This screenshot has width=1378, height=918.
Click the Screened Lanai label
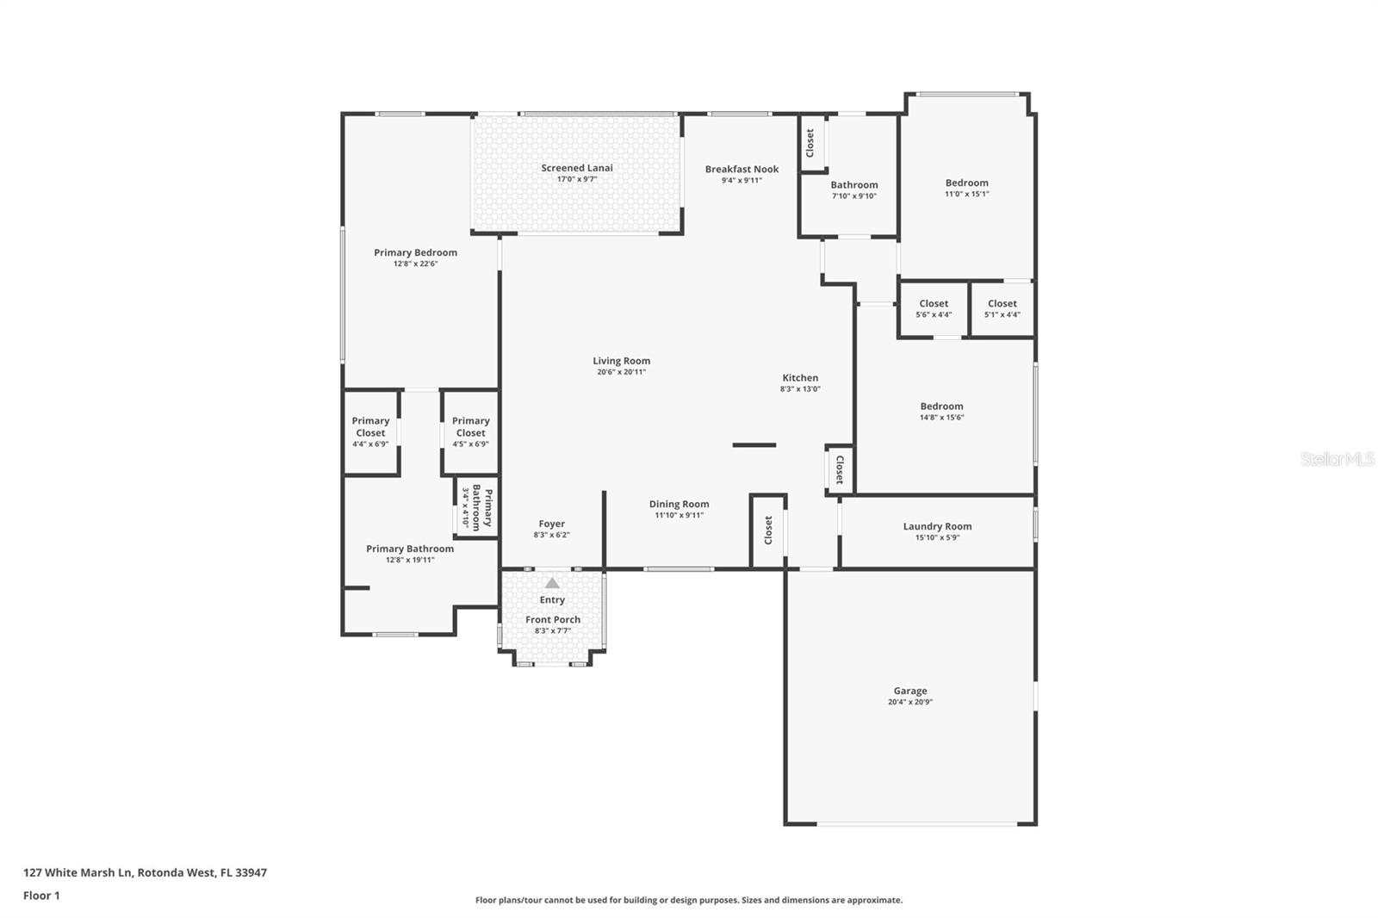tap(576, 168)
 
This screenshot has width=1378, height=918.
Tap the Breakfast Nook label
tap(742, 169)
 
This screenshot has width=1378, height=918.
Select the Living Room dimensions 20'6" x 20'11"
tap(621, 372)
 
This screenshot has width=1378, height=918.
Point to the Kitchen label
tap(800, 378)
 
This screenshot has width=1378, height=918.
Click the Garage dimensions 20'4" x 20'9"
tap(909, 702)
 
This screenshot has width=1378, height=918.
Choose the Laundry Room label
tap(937, 527)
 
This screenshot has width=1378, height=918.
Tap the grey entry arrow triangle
tap(552, 583)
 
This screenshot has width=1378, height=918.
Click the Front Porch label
tap(552, 619)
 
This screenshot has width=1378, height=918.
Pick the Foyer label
tap(551, 524)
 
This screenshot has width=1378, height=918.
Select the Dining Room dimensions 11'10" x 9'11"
tap(679, 516)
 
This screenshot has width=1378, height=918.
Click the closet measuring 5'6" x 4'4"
tap(934, 309)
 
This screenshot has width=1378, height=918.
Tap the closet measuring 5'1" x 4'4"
tap(1002, 309)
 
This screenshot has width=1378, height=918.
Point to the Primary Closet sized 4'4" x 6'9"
tap(370, 432)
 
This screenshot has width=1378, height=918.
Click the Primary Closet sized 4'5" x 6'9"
tap(470, 432)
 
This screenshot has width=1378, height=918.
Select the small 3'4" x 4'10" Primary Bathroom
tap(477, 507)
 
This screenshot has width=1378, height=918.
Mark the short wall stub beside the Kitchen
tap(754, 445)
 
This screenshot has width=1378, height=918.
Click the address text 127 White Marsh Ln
tap(78, 872)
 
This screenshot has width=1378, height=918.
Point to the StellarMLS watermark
tap(1338, 459)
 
